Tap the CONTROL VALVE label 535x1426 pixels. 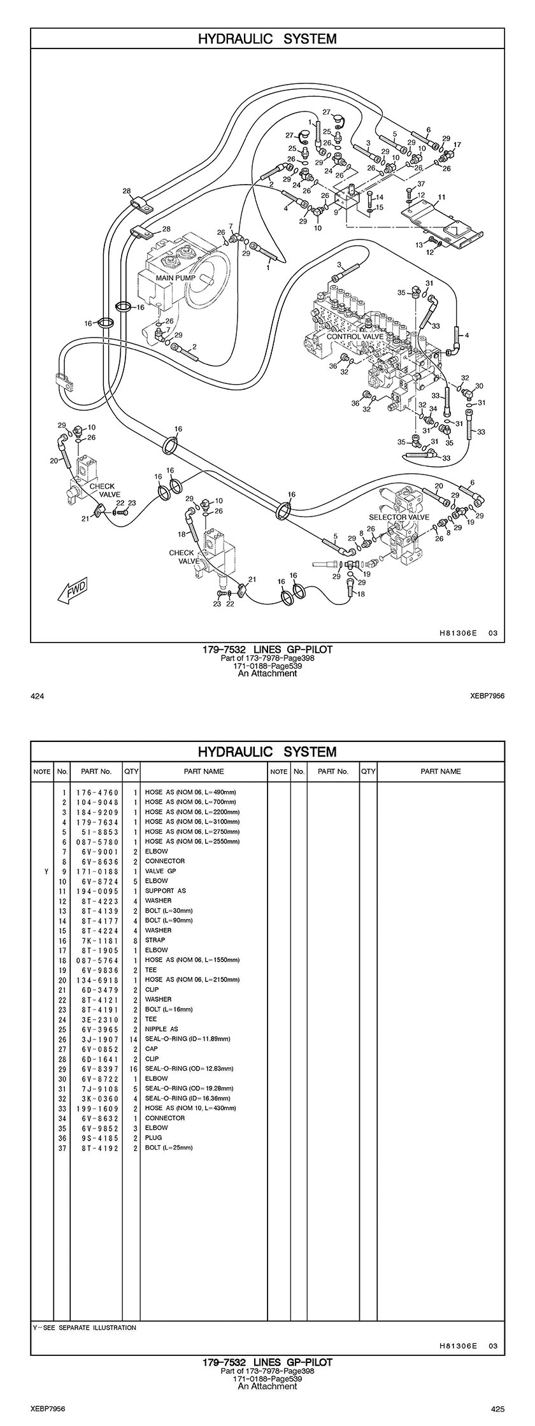click(x=355, y=336)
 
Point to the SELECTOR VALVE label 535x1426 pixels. click(x=399, y=517)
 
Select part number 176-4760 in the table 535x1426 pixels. click(x=97, y=792)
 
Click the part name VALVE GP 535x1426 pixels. click(x=160, y=871)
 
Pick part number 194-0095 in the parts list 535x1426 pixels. click(x=97, y=890)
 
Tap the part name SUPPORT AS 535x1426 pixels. click(x=166, y=890)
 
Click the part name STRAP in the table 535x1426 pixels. click(x=155, y=940)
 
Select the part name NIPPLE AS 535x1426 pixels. click(x=162, y=1029)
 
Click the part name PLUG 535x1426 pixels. click(x=153, y=1137)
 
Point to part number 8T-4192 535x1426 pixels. click(x=97, y=1148)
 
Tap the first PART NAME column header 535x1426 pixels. click(x=204, y=771)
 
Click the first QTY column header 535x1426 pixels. click(x=131, y=771)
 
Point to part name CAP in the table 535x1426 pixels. click(x=152, y=1048)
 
